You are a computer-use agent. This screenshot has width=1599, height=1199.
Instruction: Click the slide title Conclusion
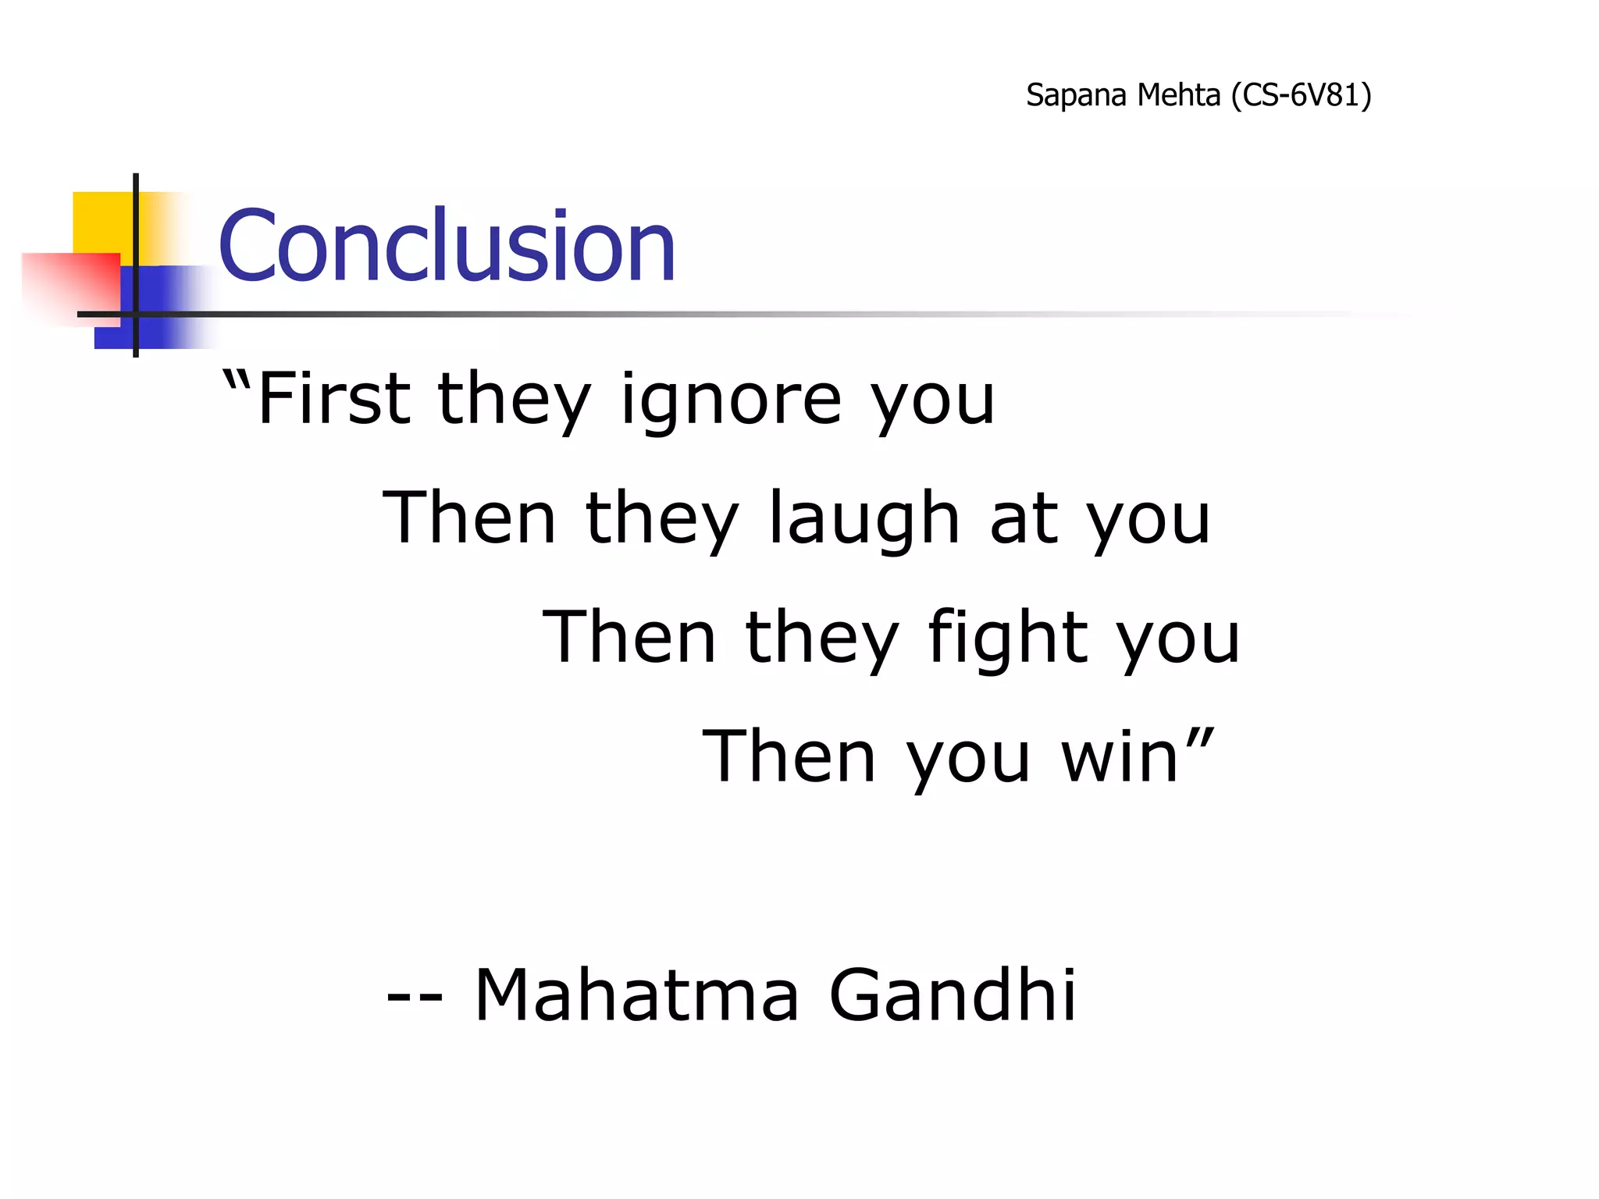pyautogui.click(x=447, y=246)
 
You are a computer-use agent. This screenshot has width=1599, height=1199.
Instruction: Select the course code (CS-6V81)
pyautogui.click(x=1301, y=96)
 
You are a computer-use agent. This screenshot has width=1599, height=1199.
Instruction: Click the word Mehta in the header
pyautogui.click(x=1178, y=96)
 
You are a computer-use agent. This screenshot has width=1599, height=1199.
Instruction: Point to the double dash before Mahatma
pyautogui.click(x=415, y=998)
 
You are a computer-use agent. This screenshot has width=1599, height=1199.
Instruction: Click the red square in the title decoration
pyautogui.click(x=70, y=285)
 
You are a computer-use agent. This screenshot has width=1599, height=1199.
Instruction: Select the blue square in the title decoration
pyautogui.click(x=160, y=308)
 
